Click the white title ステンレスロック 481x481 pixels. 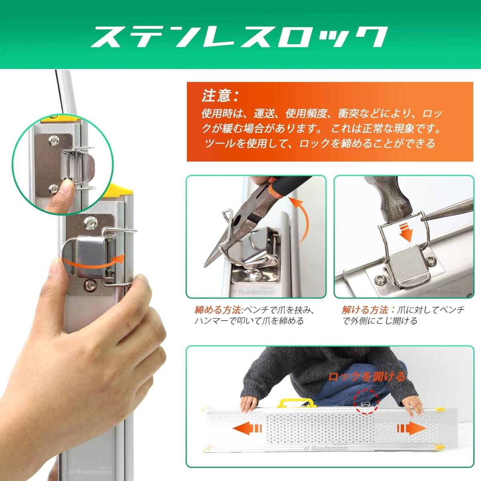[239, 37]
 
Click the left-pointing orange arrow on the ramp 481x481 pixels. [247, 429]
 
